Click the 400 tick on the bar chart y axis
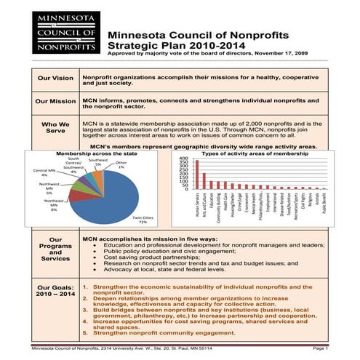click(x=184, y=158)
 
